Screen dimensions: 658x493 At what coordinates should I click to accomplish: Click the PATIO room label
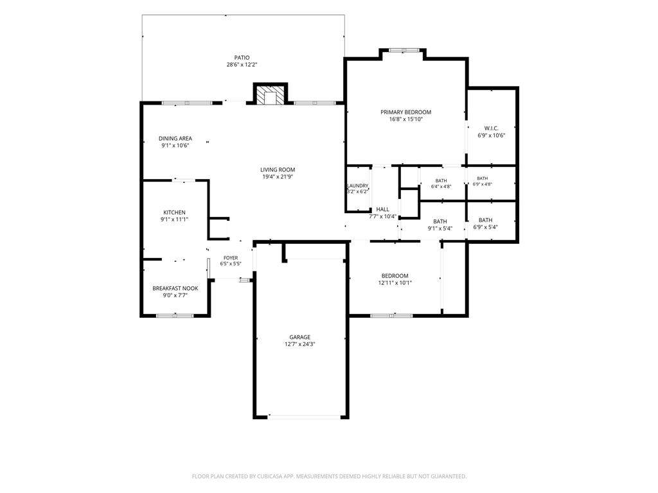click(242, 58)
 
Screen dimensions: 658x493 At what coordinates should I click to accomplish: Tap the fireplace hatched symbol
click(271, 95)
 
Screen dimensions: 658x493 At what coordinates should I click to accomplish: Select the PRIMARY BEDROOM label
click(406, 112)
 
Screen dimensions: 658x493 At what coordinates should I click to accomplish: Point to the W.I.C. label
click(491, 128)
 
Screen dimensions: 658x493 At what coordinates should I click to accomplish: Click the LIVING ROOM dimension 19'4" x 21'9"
click(278, 177)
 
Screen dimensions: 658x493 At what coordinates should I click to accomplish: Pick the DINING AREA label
click(175, 139)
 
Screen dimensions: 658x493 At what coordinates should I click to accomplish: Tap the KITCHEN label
click(174, 212)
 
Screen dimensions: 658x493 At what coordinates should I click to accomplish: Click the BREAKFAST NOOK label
click(175, 288)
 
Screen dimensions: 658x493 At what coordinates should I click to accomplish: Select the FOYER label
click(231, 258)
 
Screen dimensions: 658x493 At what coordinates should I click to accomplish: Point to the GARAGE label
click(299, 337)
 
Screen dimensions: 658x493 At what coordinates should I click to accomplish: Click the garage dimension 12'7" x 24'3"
click(299, 344)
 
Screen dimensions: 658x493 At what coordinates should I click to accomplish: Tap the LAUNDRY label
click(357, 186)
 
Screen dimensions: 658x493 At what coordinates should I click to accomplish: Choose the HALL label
click(382, 209)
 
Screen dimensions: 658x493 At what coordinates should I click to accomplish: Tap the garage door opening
click(304, 417)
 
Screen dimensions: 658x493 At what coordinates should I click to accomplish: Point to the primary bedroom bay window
click(404, 51)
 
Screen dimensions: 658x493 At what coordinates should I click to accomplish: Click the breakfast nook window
click(175, 315)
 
